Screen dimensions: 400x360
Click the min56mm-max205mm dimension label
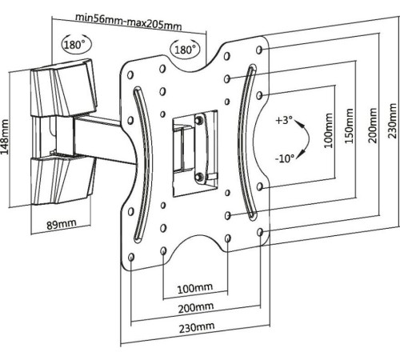[129, 22]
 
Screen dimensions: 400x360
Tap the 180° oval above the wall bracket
[76, 43]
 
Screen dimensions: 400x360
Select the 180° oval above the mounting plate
[185, 49]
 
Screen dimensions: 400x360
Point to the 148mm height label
[5, 138]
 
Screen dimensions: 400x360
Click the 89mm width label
[62, 224]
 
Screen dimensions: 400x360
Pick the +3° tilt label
[284, 120]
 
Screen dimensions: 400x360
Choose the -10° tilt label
[285, 158]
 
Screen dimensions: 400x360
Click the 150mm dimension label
[350, 126]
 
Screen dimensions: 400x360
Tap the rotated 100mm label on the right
[328, 130]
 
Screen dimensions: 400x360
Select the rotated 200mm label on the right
[372, 126]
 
